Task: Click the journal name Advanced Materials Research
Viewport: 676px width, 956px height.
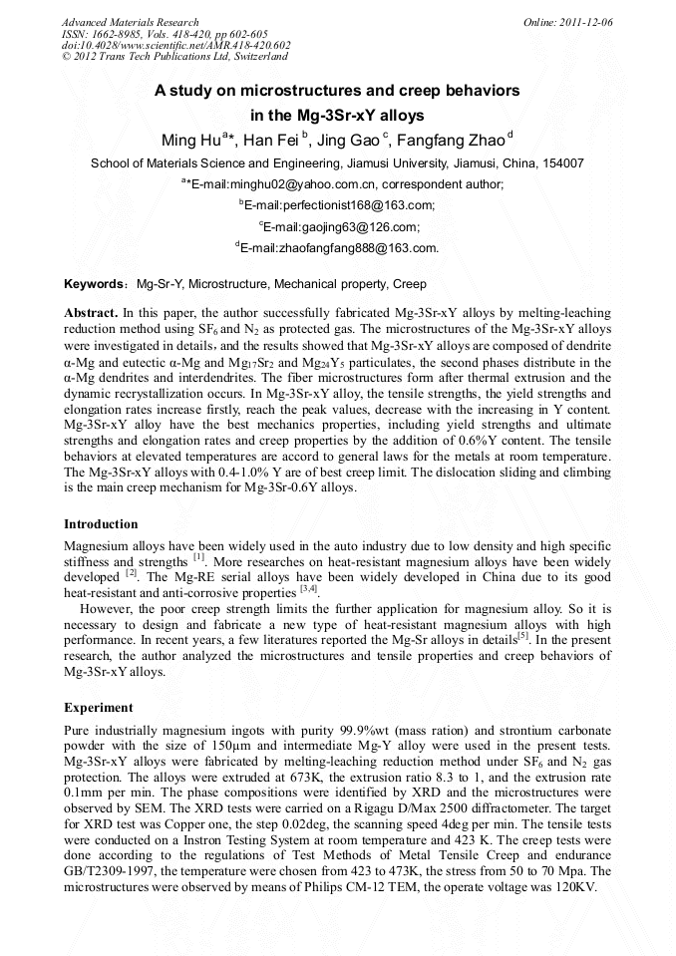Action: click(x=130, y=22)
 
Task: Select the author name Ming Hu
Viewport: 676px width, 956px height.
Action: click(x=190, y=140)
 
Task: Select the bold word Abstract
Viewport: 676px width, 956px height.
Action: click(x=91, y=312)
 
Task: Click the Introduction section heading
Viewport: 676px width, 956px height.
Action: click(x=101, y=524)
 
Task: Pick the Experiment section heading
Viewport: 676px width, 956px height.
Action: click(x=98, y=708)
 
